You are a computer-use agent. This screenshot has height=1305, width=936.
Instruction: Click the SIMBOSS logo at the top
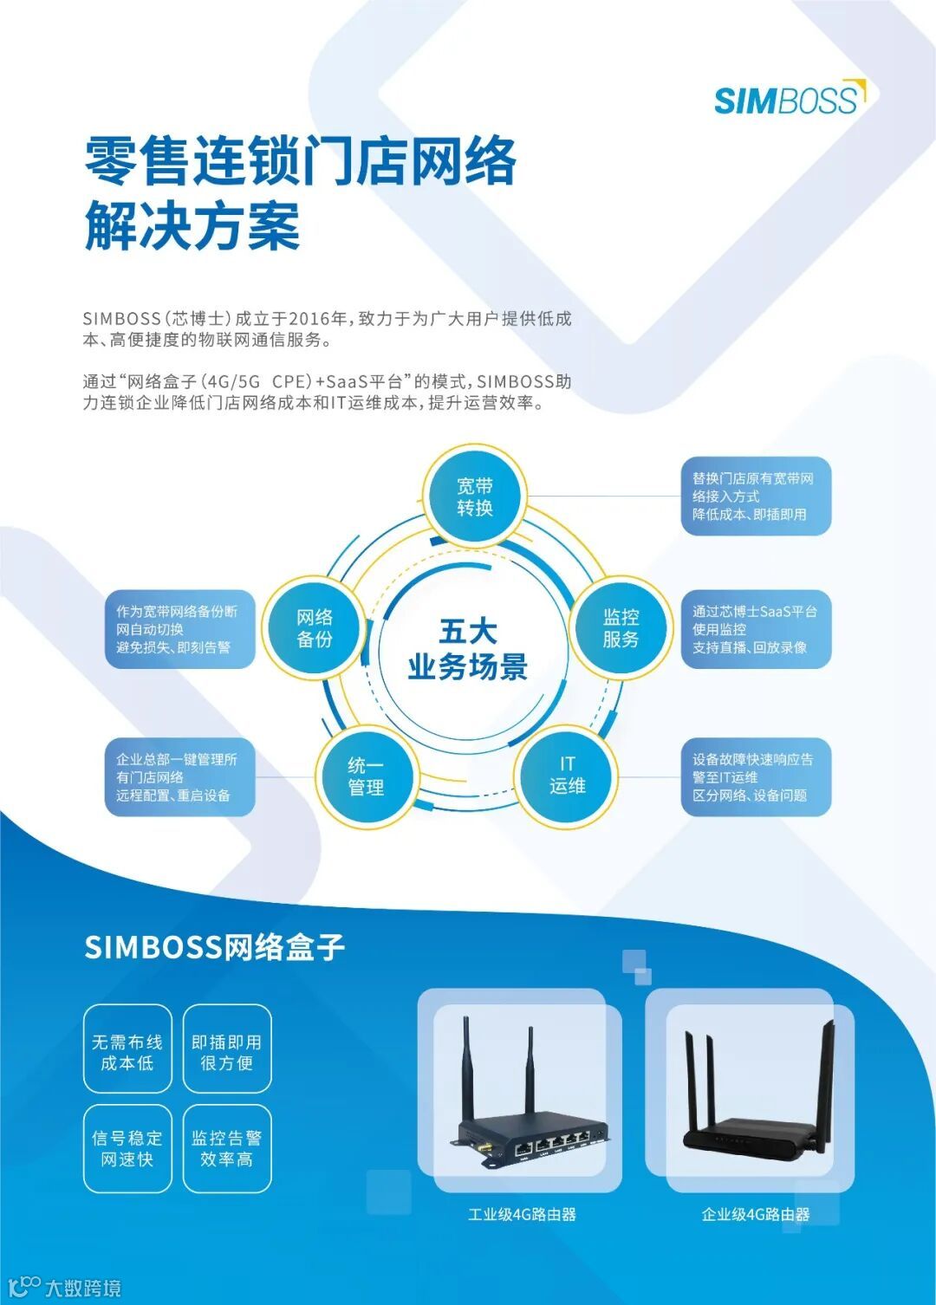789,99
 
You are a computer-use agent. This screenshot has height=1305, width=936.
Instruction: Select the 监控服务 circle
621,627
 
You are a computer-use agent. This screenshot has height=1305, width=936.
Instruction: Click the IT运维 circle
567,775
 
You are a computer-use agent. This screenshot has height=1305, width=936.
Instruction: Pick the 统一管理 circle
366,776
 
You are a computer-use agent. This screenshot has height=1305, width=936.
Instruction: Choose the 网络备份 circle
315,627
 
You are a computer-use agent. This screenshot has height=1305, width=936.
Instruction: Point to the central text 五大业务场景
467,649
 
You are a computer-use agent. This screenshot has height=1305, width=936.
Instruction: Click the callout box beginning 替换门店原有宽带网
755,497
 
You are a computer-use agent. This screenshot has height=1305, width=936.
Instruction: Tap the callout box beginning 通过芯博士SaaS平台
755,629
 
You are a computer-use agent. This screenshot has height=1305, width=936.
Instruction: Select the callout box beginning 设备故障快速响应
755,777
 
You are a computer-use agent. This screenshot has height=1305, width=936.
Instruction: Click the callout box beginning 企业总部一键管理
179,777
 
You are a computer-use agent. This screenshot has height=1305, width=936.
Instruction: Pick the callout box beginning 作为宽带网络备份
179,629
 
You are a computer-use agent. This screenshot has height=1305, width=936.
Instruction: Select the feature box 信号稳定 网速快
127,1148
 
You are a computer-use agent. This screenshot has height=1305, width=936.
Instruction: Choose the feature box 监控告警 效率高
227,1148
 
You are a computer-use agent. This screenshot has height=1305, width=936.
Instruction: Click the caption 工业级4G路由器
522,1214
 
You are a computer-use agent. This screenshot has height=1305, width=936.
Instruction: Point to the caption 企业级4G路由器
756,1214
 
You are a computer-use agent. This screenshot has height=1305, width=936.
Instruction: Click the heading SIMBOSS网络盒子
215,946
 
